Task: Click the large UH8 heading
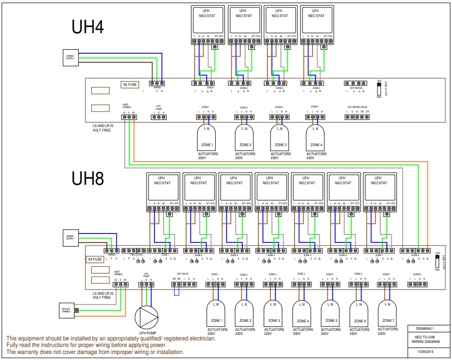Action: pos(88,178)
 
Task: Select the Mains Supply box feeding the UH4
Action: pos(70,58)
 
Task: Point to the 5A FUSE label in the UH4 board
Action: pos(129,85)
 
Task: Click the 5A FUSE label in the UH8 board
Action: pos(95,260)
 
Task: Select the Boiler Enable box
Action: pos(66,310)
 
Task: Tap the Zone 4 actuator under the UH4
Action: pos(316,138)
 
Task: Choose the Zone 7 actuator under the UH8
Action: pos(387,312)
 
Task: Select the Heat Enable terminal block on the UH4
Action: pos(129,117)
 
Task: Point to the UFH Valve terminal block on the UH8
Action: pos(184,285)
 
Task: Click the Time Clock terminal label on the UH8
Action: pos(136,255)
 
